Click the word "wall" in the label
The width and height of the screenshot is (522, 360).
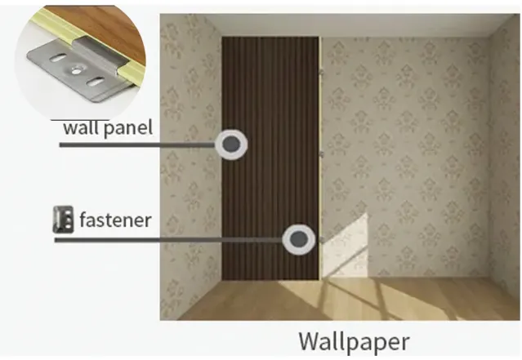click(x=82, y=127)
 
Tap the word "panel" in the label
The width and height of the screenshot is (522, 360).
click(x=128, y=128)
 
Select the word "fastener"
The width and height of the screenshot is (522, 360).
click(x=115, y=220)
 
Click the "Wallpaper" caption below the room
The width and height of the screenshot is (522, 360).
click(x=354, y=341)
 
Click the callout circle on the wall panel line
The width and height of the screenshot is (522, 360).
click(x=231, y=144)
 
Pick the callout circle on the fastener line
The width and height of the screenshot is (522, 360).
click(x=298, y=239)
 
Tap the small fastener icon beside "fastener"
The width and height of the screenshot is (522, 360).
click(x=63, y=220)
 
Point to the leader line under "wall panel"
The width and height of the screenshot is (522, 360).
click(x=137, y=144)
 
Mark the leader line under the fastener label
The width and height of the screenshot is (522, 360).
click(x=168, y=239)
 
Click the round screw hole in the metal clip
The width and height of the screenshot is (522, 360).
click(x=76, y=70)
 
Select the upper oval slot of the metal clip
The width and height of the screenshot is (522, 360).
click(x=58, y=59)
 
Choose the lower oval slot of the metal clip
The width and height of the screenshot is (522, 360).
click(x=95, y=81)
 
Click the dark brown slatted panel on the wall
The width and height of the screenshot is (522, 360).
click(x=270, y=158)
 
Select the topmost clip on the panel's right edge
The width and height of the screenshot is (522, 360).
click(x=322, y=71)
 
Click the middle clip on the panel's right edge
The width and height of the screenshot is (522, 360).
click(x=322, y=154)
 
